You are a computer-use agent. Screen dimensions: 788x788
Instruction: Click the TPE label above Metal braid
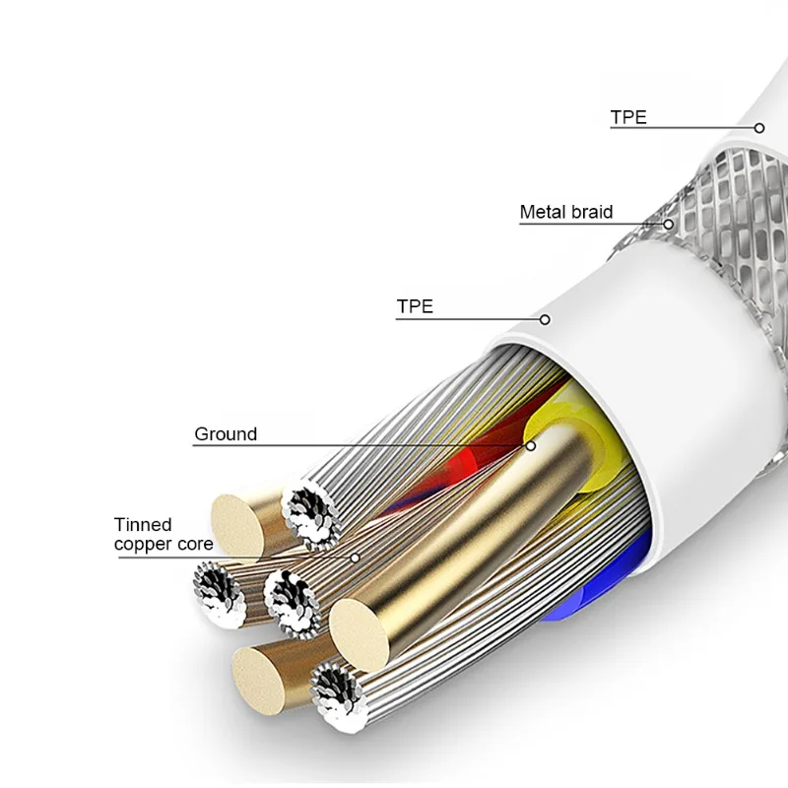(628, 117)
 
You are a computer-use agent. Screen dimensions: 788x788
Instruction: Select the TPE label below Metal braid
(415, 306)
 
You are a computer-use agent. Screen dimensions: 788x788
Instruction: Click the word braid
(592, 212)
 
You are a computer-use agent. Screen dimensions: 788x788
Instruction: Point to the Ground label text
(226, 433)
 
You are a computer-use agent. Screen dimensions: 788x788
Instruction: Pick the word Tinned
(143, 525)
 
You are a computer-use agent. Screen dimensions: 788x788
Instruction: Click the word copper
(143, 544)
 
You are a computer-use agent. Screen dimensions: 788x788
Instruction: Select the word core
(195, 544)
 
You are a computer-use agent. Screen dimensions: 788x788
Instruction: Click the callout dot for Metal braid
(668, 224)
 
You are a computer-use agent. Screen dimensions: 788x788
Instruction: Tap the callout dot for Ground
(530, 445)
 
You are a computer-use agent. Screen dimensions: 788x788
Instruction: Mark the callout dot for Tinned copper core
(355, 558)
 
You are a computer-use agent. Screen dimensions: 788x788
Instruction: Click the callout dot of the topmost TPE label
(759, 128)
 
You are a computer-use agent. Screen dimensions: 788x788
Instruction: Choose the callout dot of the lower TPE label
(544, 319)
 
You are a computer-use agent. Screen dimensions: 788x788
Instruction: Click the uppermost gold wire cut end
(236, 525)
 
